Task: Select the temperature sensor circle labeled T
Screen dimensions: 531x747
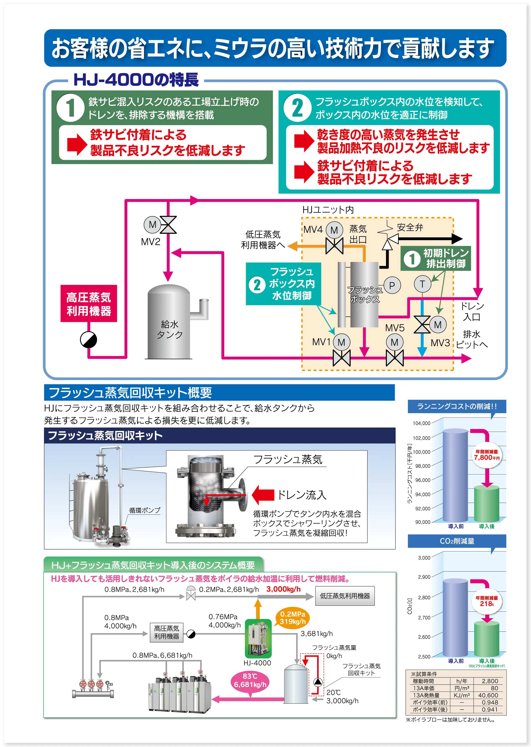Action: [422, 284]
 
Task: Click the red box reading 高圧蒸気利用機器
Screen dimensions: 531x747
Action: [89, 303]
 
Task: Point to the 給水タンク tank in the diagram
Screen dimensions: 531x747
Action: [169, 324]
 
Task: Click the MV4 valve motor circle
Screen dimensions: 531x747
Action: [334, 230]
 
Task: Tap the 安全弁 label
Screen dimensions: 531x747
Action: [410, 227]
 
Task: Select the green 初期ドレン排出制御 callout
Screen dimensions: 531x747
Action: [435, 258]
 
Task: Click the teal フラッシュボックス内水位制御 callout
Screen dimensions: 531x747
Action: [283, 284]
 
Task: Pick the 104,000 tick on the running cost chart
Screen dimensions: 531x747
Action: [422, 423]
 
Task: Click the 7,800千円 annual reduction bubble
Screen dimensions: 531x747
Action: [487, 455]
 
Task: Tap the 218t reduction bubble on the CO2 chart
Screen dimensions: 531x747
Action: [487, 601]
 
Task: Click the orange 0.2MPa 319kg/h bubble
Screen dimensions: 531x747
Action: [293, 618]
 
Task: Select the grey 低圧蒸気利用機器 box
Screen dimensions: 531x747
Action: [345, 596]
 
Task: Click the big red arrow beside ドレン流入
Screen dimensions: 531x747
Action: [263, 495]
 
